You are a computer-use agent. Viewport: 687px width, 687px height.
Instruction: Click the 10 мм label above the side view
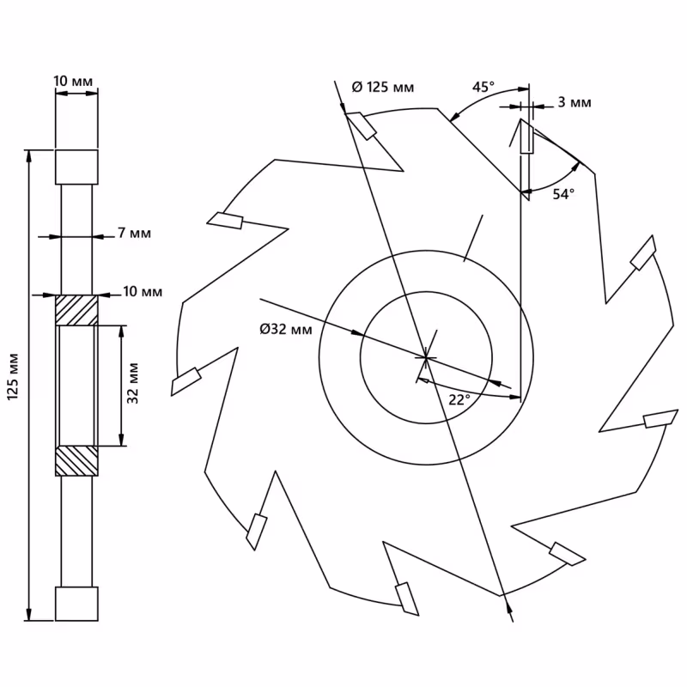[73, 81]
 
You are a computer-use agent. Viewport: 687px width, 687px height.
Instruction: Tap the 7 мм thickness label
[133, 234]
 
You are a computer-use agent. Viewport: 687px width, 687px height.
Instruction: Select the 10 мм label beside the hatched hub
[142, 292]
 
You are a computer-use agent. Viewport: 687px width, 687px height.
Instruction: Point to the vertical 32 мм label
[132, 384]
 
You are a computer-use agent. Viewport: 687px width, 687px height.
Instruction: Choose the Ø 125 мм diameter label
[384, 87]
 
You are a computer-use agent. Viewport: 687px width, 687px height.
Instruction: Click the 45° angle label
[483, 87]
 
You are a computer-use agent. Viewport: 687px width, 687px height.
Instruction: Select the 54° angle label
[562, 194]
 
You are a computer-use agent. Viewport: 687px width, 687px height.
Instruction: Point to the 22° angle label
[459, 399]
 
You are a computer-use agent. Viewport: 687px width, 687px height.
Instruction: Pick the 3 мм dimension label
[574, 102]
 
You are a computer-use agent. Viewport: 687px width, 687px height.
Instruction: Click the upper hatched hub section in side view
[76, 309]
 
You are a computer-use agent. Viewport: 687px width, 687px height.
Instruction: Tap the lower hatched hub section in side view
[76, 461]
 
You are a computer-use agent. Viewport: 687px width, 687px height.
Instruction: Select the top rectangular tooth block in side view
[76, 167]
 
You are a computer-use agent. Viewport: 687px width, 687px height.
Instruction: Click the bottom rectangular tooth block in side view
[76, 604]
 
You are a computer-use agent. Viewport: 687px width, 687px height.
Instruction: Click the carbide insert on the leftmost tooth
[186, 380]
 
